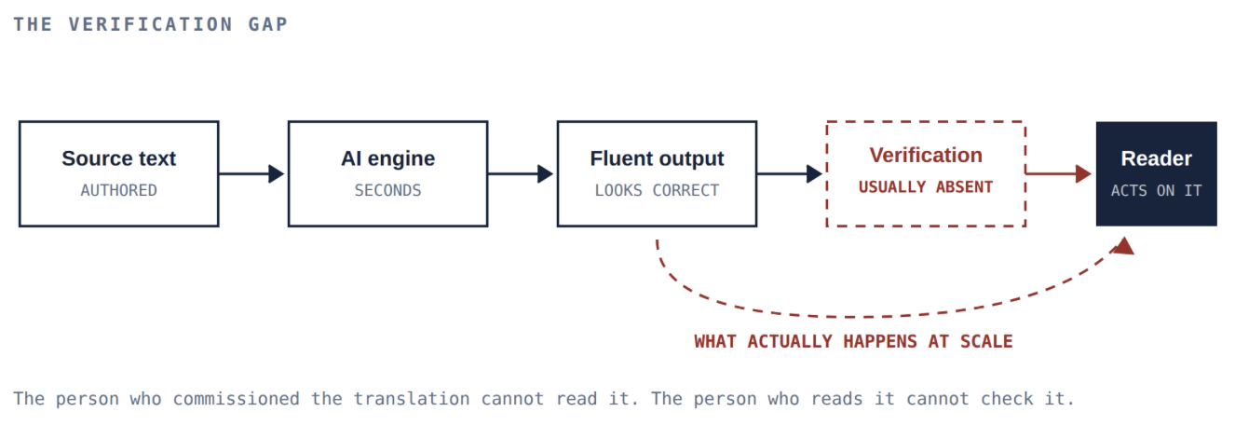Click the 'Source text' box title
118,158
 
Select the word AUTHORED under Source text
118,190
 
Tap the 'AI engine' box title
387,159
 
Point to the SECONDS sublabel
387,190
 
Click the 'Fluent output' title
657,159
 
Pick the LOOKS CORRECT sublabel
657,190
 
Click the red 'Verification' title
926,155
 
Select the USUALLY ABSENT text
926,187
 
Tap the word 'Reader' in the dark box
1156,158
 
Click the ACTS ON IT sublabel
1156,190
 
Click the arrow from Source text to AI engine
251,174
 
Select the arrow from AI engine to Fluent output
521,174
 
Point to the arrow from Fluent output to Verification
790,174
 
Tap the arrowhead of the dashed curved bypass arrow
1123,247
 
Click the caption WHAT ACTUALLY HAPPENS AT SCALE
853,342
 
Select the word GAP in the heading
268,24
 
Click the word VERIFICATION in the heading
151,24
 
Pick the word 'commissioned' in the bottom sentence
236,399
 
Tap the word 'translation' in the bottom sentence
412,399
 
